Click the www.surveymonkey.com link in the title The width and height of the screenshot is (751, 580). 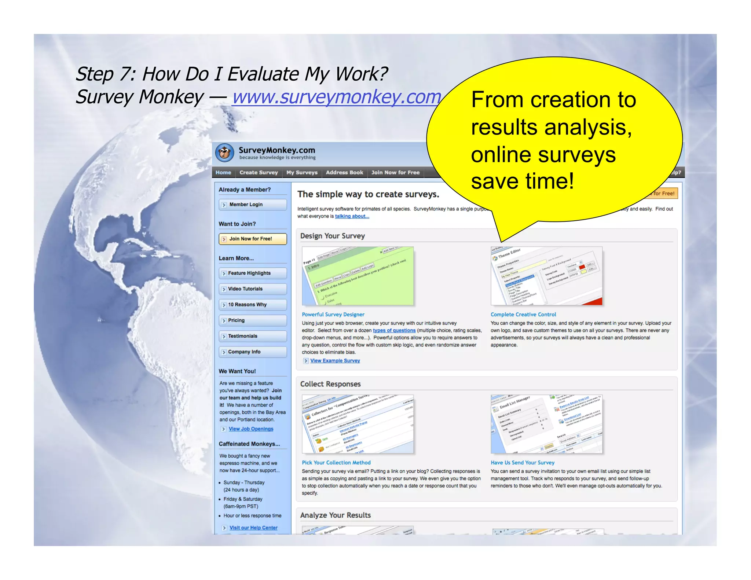point(336,97)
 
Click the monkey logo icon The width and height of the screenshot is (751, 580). point(224,153)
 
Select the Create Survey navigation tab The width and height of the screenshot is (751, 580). point(259,172)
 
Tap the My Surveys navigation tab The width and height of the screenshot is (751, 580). point(302,172)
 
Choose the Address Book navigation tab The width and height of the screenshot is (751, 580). point(344,172)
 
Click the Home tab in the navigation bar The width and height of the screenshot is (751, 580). point(223,172)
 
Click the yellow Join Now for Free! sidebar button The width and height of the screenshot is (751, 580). point(253,239)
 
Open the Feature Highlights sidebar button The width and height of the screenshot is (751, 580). point(253,273)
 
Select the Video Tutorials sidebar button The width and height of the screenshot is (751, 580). point(253,289)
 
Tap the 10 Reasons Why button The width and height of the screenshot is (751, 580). point(253,305)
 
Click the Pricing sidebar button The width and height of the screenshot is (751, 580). point(253,320)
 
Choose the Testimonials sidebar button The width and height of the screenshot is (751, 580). point(253,336)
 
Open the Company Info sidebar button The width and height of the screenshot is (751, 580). point(253,352)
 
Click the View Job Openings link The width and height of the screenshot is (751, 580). point(251,429)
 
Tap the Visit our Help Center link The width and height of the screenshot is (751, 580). point(253,528)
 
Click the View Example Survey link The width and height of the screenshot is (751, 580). point(335,361)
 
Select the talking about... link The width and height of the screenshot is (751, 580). point(352,216)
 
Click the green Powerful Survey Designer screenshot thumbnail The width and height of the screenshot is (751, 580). point(358,276)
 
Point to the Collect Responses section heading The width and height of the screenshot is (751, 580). point(330,384)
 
